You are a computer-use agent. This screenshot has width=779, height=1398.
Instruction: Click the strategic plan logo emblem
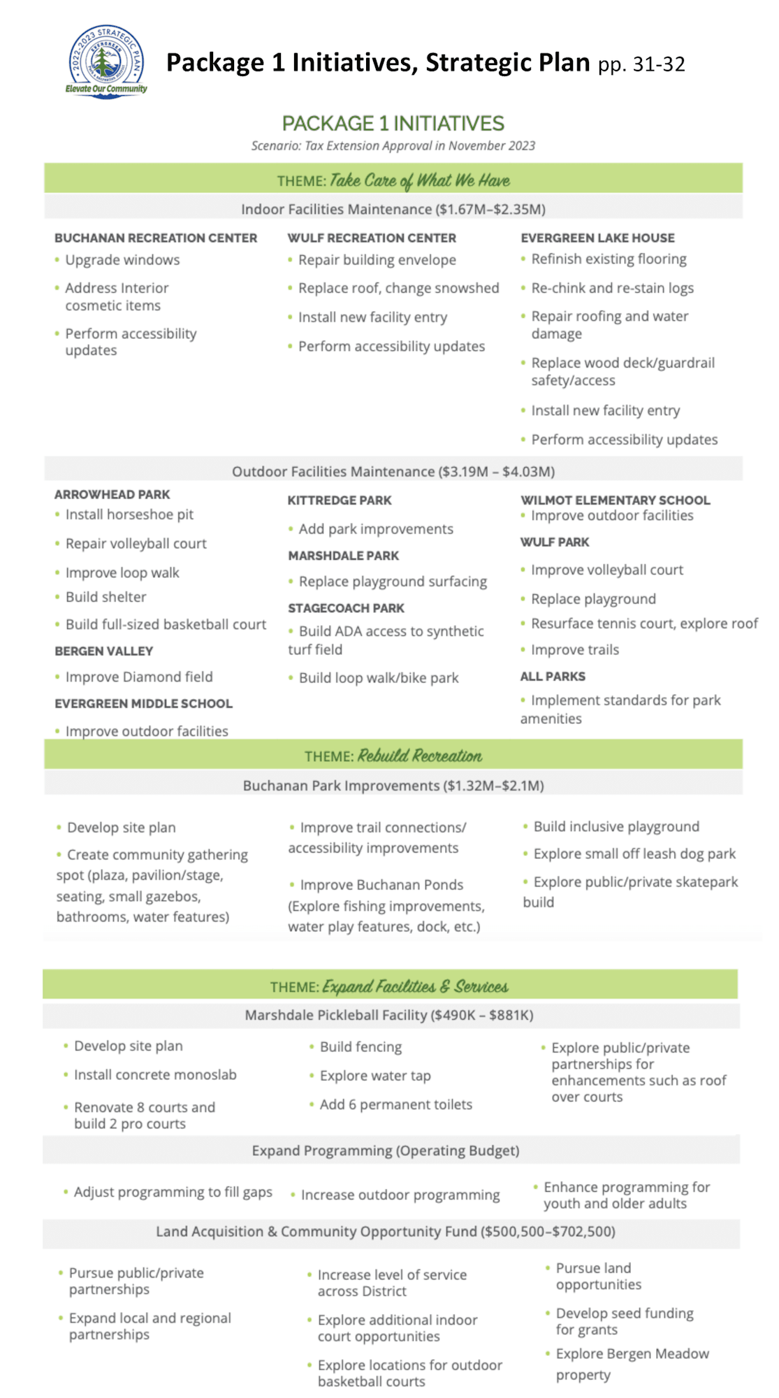[106, 62]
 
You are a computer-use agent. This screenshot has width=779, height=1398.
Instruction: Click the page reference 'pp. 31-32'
[641, 64]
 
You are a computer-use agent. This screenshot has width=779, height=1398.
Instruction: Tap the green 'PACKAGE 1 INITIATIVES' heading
[393, 124]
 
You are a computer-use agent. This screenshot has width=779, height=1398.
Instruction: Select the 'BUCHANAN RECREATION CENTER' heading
[156, 238]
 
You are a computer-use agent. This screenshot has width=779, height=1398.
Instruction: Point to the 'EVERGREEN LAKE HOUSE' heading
[597, 238]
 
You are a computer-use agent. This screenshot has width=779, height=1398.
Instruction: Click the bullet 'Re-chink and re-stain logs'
[612, 288]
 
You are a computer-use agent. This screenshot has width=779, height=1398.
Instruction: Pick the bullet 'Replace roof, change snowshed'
[398, 288]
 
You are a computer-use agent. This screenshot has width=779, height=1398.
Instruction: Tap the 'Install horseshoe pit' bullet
[129, 514]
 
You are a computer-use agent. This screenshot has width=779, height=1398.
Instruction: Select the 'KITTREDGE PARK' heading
[340, 500]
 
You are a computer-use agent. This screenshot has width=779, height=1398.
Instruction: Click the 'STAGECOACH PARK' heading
[346, 608]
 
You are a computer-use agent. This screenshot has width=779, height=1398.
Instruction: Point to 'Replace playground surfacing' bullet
[393, 582]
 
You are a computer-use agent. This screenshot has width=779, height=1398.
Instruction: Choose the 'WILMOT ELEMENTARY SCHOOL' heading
[615, 500]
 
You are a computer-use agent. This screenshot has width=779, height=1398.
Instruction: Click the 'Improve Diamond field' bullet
[139, 677]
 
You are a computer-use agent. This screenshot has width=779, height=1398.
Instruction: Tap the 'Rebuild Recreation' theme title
[419, 756]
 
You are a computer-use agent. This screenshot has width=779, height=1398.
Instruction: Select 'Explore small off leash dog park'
[634, 853]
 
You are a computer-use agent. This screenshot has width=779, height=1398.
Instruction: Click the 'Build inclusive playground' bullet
[616, 826]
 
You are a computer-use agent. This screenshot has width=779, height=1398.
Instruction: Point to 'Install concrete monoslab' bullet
[155, 1074]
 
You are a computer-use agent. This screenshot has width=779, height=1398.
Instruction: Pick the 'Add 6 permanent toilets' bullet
[395, 1104]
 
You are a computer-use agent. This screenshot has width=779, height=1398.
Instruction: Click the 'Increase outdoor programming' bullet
[400, 1195]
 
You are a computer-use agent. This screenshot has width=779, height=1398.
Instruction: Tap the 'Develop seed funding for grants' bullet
[624, 1321]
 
